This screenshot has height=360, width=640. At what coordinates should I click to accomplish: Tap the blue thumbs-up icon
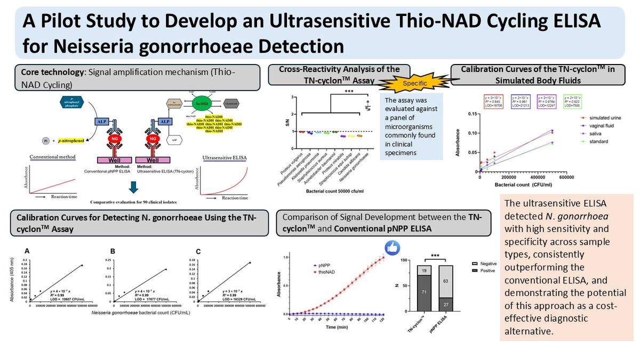tap(393, 247)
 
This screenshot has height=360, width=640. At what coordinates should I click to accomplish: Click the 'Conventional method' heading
tap(52, 157)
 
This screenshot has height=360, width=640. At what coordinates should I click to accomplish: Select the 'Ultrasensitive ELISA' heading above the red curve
tap(225, 157)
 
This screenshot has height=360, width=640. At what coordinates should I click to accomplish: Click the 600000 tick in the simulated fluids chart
tap(566, 178)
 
